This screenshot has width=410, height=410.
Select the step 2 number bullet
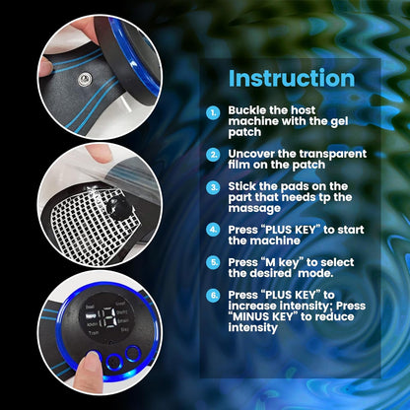pyautogui.click(x=213, y=155)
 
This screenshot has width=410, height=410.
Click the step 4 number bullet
pyautogui.click(x=213, y=229)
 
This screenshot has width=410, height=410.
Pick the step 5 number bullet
pyautogui.click(x=213, y=261)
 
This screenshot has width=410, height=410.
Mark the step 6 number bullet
pyautogui.click(x=213, y=295)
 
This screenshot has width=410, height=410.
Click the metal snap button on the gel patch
pyautogui.click(x=75, y=72)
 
